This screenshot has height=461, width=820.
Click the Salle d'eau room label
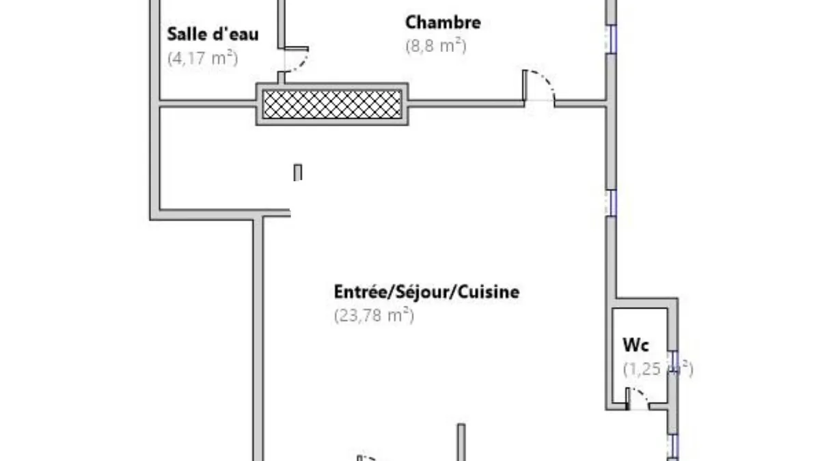213,34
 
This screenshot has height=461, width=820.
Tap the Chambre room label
443,23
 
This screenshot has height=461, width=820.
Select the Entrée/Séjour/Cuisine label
426,292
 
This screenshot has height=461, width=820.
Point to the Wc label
636,345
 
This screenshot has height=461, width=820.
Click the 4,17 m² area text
203,58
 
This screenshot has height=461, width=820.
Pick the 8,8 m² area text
436,46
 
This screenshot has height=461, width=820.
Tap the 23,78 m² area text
374,315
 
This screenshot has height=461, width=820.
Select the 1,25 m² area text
658,368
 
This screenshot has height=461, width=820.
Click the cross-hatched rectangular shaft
332,104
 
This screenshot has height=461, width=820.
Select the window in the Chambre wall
611,39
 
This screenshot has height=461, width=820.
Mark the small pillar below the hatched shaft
298,172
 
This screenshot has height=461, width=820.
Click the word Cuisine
489,292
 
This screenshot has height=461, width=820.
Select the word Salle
186,34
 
